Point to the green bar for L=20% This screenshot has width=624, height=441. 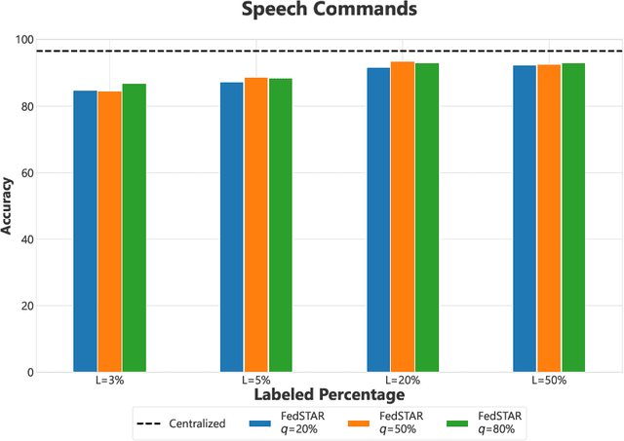427,218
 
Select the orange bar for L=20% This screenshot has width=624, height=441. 403,217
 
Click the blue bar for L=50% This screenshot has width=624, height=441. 525,219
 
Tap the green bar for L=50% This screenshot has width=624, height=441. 573,218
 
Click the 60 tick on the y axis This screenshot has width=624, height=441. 24,173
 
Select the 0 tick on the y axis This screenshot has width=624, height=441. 28,373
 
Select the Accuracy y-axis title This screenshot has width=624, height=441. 9,205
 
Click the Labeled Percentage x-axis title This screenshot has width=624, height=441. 330,396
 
